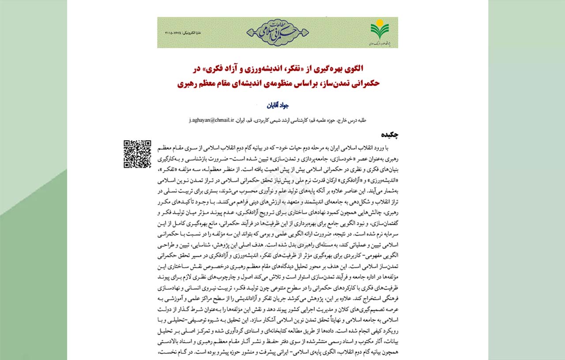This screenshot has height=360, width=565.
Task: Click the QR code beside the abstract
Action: click(137, 154)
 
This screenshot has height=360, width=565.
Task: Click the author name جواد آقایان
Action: click(278, 106)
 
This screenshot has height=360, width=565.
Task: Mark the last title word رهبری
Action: click(188, 82)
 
